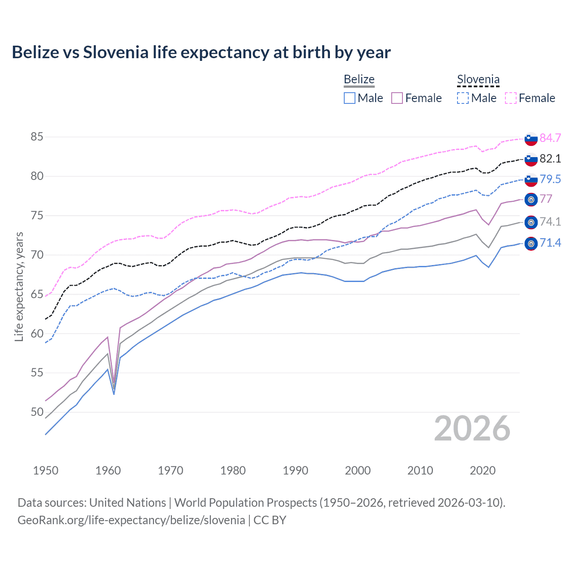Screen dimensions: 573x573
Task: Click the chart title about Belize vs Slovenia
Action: [201, 52]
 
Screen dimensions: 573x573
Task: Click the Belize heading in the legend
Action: [359, 79]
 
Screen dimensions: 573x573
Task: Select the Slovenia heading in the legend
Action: [478, 79]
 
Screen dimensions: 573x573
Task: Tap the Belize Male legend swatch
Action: [350, 98]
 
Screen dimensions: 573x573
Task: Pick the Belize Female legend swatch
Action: [397, 98]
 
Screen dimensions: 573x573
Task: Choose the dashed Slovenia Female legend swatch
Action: [511, 98]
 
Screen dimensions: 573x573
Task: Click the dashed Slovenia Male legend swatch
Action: [463, 98]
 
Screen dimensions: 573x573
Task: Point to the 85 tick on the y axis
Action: [37, 137]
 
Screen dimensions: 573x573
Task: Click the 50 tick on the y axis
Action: [37, 412]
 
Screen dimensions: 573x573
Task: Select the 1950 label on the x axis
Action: [46, 470]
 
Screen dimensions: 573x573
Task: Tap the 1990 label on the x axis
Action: [295, 470]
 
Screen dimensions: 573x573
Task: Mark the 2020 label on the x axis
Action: [483, 470]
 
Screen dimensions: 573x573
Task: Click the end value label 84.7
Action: [550, 138]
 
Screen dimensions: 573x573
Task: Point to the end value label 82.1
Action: [550, 158]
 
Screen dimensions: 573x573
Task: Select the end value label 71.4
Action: [550, 243]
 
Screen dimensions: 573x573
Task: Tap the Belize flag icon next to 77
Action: [531, 200]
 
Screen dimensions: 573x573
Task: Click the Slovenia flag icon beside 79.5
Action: [531, 180]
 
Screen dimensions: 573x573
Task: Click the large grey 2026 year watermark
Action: [472, 428]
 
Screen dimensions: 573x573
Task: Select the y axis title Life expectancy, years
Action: [19, 286]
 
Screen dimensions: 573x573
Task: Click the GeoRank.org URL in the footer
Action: [131, 520]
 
